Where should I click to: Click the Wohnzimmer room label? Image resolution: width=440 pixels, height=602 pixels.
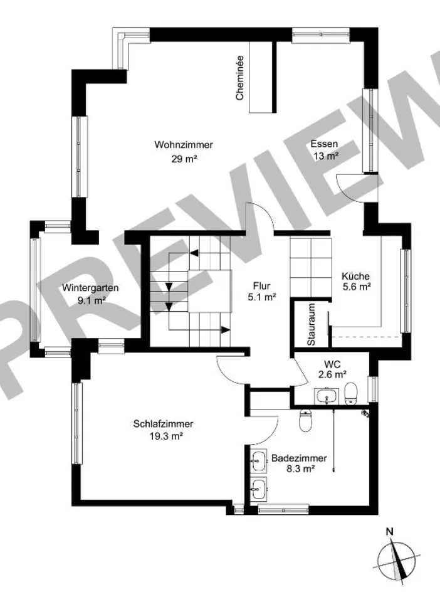pos(184,145)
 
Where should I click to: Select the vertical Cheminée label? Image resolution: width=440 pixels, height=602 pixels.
pos(240,78)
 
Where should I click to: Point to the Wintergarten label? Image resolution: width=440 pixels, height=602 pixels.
pos(90,288)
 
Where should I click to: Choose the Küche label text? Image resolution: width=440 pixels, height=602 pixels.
pos(355,276)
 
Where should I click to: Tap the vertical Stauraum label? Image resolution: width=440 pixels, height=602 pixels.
pos(311,324)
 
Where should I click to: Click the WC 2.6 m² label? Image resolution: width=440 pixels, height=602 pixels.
pos(332,369)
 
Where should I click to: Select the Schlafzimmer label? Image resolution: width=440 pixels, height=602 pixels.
pos(164,425)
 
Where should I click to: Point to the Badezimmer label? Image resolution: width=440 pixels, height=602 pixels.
pos(299,458)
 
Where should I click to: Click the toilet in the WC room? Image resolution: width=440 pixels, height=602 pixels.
pos(350,394)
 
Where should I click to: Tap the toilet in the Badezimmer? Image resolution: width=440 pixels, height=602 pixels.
pos(305,420)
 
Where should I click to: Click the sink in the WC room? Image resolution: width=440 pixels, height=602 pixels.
pos(327,396)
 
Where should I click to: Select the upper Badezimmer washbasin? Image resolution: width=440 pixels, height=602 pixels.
pos(259,461)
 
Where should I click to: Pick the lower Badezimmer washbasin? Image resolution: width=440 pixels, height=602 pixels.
pos(259,488)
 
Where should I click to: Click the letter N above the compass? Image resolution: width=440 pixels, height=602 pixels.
pos(390,532)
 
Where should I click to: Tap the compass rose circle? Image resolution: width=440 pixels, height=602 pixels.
pos(396,560)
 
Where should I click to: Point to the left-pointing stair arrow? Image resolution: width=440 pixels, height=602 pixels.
pos(194,253)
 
